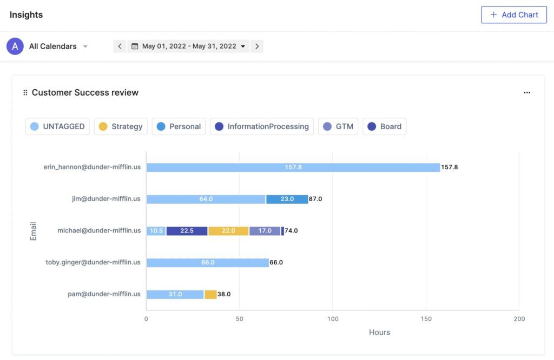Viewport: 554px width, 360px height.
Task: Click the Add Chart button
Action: pyautogui.click(x=513, y=15)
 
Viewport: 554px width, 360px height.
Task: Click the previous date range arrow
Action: pyautogui.click(x=120, y=46)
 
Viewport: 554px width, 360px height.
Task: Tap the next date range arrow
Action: pyautogui.click(x=257, y=46)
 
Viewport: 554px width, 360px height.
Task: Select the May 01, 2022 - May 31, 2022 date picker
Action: pyautogui.click(x=189, y=46)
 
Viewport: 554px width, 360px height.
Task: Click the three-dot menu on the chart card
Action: pyautogui.click(x=527, y=92)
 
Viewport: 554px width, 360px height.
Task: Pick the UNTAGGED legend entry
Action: pyautogui.click(x=57, y=126)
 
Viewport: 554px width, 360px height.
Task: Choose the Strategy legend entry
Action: pyautogui.click(x=121, y=126)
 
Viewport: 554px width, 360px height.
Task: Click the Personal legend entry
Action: pyautogui.click(x=179, y=126)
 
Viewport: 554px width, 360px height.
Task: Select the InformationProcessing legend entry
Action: pyautogui.click(x=261, y=126)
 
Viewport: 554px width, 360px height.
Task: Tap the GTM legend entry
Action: pyautogui.click(x=338, y=126)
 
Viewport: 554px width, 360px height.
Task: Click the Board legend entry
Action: pyautogui.click(x=384, y=126)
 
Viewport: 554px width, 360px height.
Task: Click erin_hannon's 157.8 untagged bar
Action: pyautogui.click(x=293, y=168)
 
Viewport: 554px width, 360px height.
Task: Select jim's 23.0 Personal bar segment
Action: pyautogui.click(x=287, y=199)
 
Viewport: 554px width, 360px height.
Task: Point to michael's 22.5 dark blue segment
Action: pyautogui.click(x=187, y=231)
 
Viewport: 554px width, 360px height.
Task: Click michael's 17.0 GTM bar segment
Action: pyautogui.click(x=265, y=231)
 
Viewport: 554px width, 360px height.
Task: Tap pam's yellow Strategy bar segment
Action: pyautogui.click(x=210, y=295)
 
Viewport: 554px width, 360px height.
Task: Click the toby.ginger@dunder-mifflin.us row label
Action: pyautogui.click(x=93, y=262)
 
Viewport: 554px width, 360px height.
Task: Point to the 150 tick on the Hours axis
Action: pyautogui.click(x=426, y=319)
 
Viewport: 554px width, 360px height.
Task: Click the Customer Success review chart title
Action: pyautogui.click(x=85, y=92)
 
